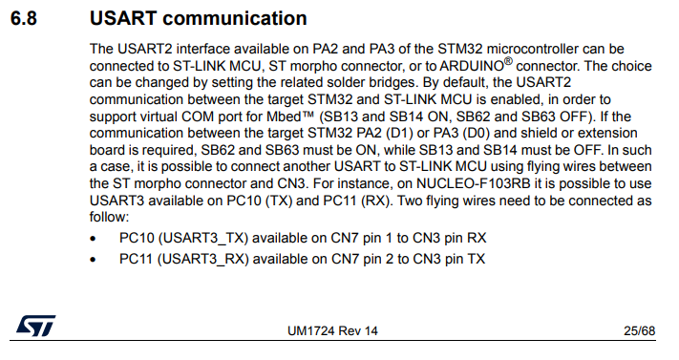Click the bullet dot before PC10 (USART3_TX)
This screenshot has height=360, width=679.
(94, 237)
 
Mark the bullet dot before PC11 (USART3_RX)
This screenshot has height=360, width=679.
(94, 259)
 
